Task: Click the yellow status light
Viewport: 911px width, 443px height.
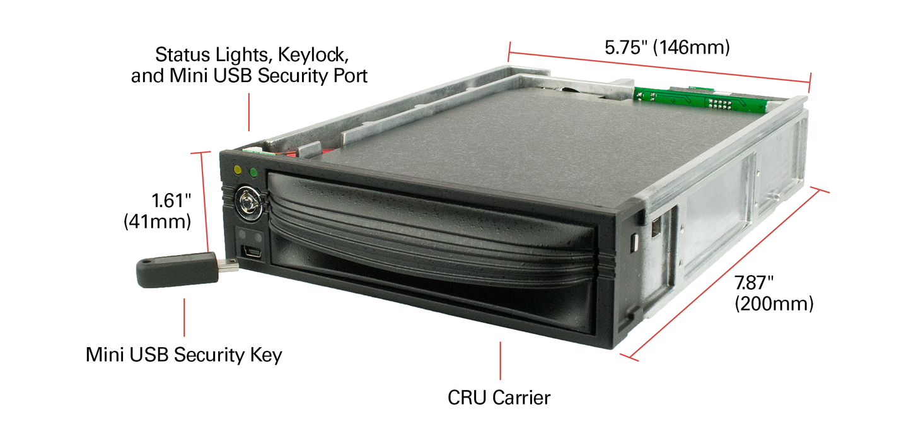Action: pos(238,170)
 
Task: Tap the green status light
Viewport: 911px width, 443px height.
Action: pos(253,172)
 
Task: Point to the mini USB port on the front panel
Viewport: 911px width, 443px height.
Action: pos(253,254)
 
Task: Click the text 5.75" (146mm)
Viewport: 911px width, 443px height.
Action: pos(666,48)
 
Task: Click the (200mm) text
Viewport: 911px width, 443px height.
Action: pos(774,304)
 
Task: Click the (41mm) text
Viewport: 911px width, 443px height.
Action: pos(158,222)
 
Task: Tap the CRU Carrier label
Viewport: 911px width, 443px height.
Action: pos(499,398)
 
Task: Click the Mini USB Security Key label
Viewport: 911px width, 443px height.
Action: pos(184,355)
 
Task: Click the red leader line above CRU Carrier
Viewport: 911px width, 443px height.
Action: pos(501,360)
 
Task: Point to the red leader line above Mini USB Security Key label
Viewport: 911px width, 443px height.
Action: pos(184,317)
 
